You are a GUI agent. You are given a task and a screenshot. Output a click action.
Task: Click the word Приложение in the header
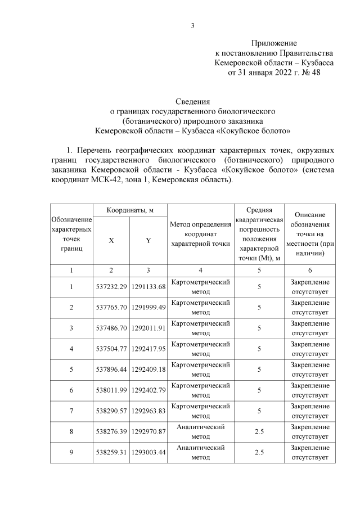(x=273, y=43)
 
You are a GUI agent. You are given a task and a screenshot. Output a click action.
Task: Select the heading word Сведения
(x=192, y=102)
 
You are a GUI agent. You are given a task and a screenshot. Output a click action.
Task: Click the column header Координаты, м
(x=130, y=210)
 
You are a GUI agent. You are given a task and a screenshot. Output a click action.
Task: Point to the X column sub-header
(x=111, y=240)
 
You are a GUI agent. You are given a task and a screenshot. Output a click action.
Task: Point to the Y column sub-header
(x=148, y=240)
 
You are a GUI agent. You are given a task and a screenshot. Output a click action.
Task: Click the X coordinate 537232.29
(x=111, y=287)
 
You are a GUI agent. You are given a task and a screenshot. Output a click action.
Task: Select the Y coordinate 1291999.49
(x=148, y=308)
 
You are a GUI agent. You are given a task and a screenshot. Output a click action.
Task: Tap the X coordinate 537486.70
(x=111, y=328)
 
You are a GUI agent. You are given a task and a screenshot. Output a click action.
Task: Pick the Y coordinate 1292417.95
(x=148, y=349)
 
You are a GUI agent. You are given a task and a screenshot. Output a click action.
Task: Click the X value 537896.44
(x=111, y=370)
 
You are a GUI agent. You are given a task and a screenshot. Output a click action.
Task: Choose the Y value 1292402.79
(x=148, y=391)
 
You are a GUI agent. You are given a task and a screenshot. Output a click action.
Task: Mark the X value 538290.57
(x=111, y=412)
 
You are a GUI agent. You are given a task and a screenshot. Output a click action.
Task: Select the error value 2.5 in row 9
(x=259, y=453)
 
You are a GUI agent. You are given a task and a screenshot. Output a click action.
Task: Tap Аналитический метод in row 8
(x=200, y=432)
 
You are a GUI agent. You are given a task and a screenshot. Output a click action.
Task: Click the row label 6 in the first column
(x=71, y=391)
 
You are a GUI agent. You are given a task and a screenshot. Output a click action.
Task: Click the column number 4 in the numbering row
(x=200, y=271)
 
